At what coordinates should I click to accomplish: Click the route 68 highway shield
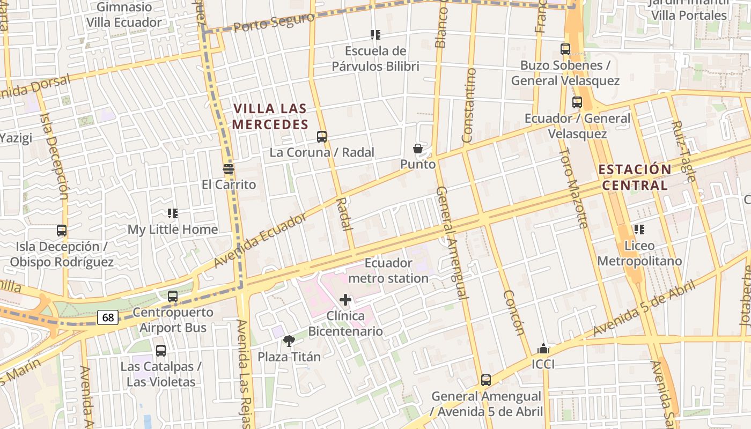[108, 317]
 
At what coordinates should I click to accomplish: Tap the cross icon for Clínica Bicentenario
[345, 299]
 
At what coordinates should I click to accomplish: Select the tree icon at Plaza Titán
[289, 341]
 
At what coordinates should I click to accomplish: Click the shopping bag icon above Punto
[418, 149]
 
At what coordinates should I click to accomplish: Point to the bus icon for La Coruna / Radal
[322, 136]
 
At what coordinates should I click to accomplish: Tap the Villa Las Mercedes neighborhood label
[270, 116]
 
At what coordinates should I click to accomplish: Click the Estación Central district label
[635, 177]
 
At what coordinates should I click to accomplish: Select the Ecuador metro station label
[388, 271]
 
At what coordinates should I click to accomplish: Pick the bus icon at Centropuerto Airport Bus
[173, 296]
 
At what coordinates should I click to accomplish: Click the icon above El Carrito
[229, 169]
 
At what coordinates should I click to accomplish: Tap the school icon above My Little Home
[173, 213]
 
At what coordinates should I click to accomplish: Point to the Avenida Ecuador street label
[260, 240]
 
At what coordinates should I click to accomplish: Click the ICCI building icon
[543, 349]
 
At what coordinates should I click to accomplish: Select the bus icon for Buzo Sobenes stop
[565, 49]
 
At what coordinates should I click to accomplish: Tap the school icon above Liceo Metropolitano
[639, 230]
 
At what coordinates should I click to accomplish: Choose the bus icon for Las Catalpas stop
[161, 351]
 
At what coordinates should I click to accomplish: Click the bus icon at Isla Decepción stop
[62, 231]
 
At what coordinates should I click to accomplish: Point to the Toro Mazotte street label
[573, 188]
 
